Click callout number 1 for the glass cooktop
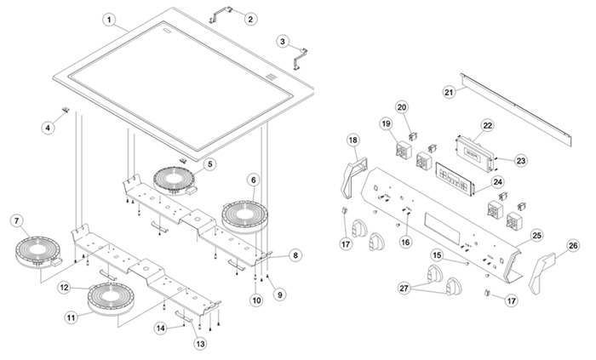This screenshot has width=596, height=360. click(109, 18)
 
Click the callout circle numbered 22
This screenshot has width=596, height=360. click(487, 125)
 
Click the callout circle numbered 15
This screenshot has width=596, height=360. click(436, 254)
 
